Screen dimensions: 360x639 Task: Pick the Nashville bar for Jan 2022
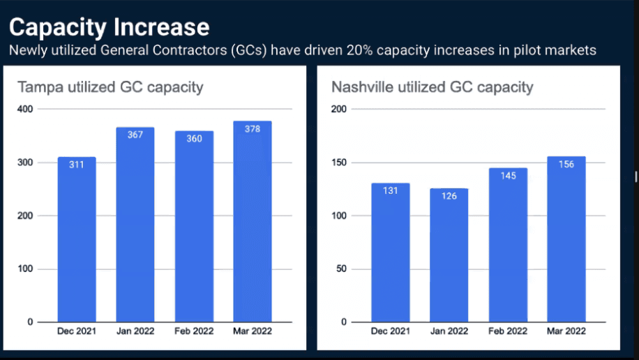[449, 255]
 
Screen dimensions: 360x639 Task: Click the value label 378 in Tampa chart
[253, 129]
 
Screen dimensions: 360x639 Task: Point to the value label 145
[508, 176]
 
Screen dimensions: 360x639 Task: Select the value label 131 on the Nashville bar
[390, 190]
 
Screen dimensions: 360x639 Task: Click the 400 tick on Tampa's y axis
[24, 110]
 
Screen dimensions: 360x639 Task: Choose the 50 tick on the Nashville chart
[340, 269]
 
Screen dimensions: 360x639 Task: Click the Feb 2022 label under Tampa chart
[194, 331]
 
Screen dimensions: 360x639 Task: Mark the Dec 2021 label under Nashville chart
[390, 331]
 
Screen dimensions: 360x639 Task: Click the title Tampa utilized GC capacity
[110, 87]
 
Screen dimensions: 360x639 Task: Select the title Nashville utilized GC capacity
[433, 87]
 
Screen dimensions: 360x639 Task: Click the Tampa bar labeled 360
[194, 227]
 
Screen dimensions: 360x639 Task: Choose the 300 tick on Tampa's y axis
[24, 163]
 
